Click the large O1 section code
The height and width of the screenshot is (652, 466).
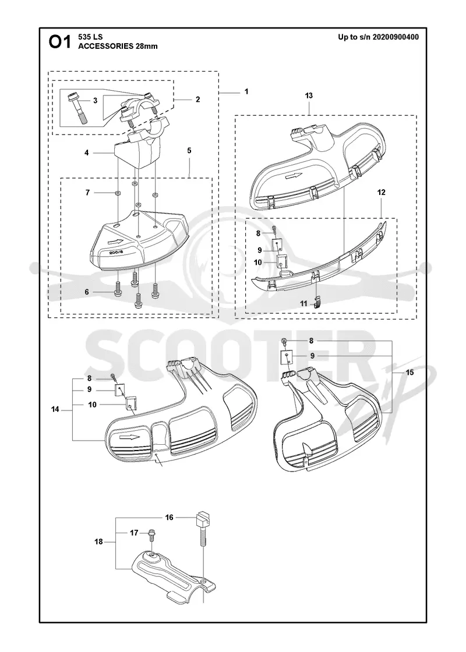tap(60, 42)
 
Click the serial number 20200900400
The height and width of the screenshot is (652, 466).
tap(396, 37)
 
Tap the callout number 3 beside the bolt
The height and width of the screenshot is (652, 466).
tap(96, 100)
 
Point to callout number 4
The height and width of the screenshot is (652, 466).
tap(87, 153)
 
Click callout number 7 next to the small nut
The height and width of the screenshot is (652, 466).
tap(87, 193)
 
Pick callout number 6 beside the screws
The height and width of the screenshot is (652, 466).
tap(87, 292)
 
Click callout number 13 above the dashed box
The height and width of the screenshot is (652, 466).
tap(309, 95)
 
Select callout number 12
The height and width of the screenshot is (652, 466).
tap(381, 192)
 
